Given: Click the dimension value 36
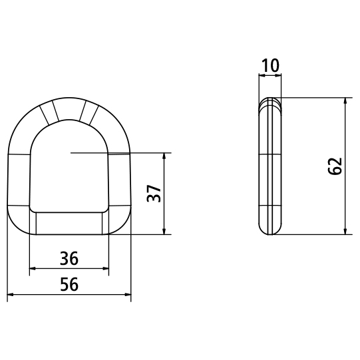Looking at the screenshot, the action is (x=69, y=258).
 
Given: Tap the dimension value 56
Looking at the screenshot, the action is (x=69, y=284).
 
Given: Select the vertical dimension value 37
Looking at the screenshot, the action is (x=154, y=193).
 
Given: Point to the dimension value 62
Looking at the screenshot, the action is (x=335, y=166).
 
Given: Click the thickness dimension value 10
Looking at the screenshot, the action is (x=270, y=65).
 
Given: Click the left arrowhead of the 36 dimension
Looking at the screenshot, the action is (x=33, y=268).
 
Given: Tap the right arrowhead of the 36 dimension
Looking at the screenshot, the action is (x=106, y=268).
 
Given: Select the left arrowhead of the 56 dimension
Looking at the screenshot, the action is (x=11, y=294).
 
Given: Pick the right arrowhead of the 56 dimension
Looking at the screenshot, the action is (x=128, y=294).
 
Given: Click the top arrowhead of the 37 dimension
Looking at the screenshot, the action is (x=164, y=156).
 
